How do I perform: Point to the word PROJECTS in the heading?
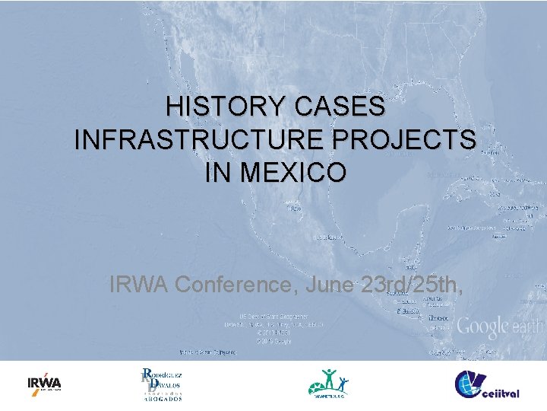point(407,140)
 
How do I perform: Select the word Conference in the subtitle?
point(237,285)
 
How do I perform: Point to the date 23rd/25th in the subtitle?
point(410,285)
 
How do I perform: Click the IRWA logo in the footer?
point(44,383)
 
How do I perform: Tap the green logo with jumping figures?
point(329,383)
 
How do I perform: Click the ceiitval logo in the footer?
point(487,384)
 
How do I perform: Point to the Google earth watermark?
point(500,327)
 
